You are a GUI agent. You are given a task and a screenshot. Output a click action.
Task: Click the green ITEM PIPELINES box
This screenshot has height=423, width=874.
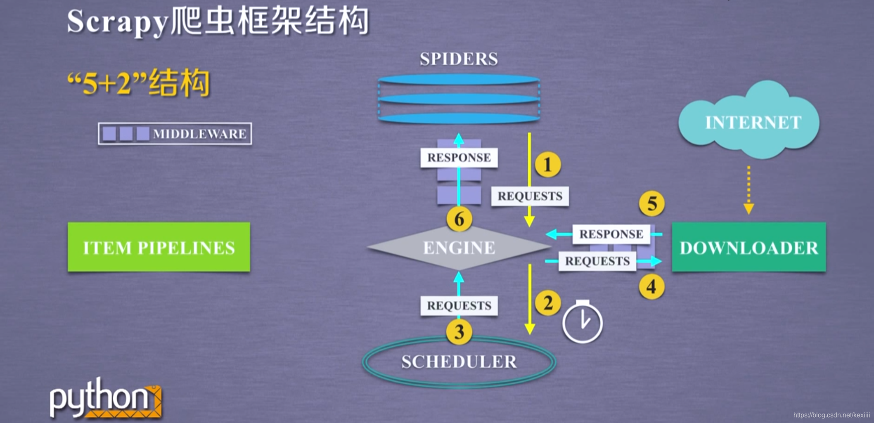coord(159,247)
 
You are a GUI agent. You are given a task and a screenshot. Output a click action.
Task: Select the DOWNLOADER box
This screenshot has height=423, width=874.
coord(748,247)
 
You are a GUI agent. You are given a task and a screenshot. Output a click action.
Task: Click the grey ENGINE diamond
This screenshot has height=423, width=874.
coord(459,248)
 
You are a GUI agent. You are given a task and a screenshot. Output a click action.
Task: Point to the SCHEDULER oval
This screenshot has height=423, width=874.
coord(459,362)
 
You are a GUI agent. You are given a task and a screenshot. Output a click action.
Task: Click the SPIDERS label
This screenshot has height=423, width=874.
coord(459,59)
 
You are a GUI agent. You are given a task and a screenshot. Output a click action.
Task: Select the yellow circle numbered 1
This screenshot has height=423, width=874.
coord(547,165)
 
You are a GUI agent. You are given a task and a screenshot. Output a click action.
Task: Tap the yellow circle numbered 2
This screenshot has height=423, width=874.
coord(547,303)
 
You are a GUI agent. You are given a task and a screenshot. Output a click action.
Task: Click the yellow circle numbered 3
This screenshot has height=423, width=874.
coord(459,332)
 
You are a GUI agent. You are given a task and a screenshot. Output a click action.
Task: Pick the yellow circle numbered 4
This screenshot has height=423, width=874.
coord(651,286)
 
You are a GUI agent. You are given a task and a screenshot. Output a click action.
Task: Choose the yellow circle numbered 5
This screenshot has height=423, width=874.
coord(651,203)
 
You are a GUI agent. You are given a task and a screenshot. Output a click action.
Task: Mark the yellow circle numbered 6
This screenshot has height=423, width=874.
coord(459,219)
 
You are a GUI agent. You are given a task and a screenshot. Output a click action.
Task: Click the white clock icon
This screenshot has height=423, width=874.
coord(582,322)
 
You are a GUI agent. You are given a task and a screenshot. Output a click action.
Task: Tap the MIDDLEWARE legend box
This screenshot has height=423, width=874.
coord(175,134)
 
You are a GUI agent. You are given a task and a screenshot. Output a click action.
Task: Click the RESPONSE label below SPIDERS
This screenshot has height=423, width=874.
coord(459,158)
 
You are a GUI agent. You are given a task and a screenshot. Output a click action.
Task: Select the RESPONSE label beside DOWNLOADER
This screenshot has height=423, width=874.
coord(611,234)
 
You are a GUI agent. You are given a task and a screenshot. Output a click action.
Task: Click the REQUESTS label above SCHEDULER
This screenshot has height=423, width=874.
coord(459,306)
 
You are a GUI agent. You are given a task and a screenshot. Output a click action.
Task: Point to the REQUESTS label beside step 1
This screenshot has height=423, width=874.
coord(530,196)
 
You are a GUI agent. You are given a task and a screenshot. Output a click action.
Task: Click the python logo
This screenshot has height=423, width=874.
coord(105,398)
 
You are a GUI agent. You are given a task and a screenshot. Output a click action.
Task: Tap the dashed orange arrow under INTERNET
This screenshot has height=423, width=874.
coord(748,190)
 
